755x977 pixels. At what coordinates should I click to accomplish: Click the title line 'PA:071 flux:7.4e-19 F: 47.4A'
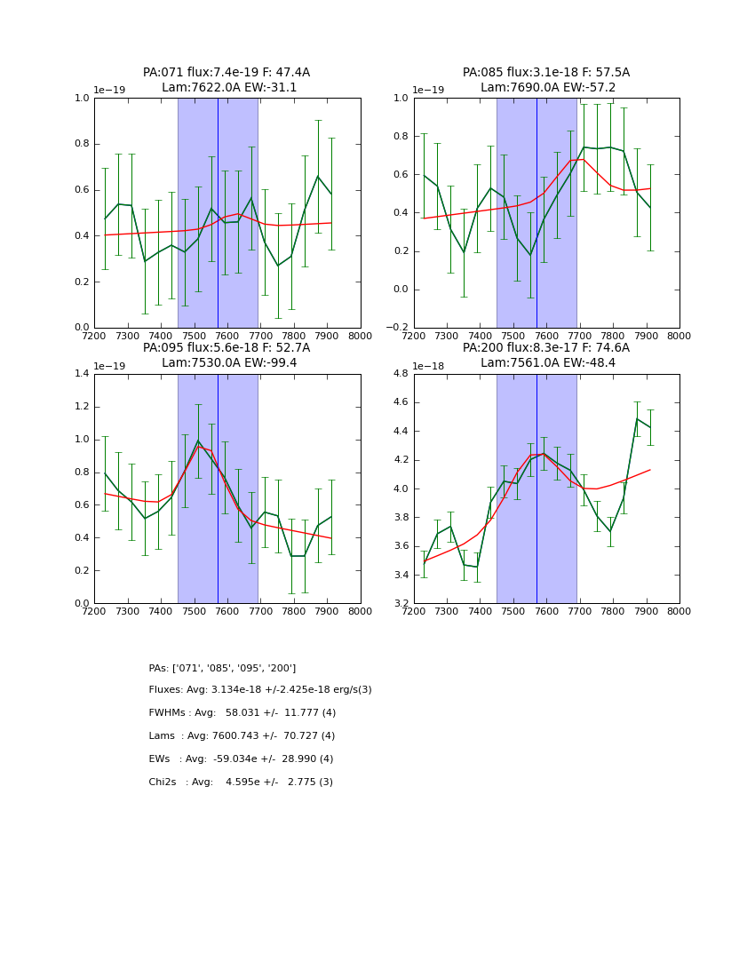click(226, 73)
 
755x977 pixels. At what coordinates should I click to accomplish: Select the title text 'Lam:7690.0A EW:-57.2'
click(546, 88)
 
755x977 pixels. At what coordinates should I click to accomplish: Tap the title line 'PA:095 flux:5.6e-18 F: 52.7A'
click(226, 348)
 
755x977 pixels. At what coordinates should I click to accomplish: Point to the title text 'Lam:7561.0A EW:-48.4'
click(546, 363)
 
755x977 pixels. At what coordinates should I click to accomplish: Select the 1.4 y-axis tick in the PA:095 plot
click(81, 374)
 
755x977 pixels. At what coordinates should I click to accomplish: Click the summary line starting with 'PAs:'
click(222, 668)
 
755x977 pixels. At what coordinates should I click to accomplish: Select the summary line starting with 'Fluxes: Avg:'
click(260, 690)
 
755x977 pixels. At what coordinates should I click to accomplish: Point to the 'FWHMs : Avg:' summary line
click(242, 713)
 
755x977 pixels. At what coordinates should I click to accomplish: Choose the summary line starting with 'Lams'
click(242, 736)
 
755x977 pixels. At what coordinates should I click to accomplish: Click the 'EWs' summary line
click(241, 759)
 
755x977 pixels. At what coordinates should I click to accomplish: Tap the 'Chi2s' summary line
click(241, 782)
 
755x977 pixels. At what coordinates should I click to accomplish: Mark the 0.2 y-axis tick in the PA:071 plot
click(81, 282)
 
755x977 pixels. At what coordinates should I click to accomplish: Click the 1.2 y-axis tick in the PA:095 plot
click(81, 407)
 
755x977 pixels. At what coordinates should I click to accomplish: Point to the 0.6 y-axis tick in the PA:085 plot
click(401, 175)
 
